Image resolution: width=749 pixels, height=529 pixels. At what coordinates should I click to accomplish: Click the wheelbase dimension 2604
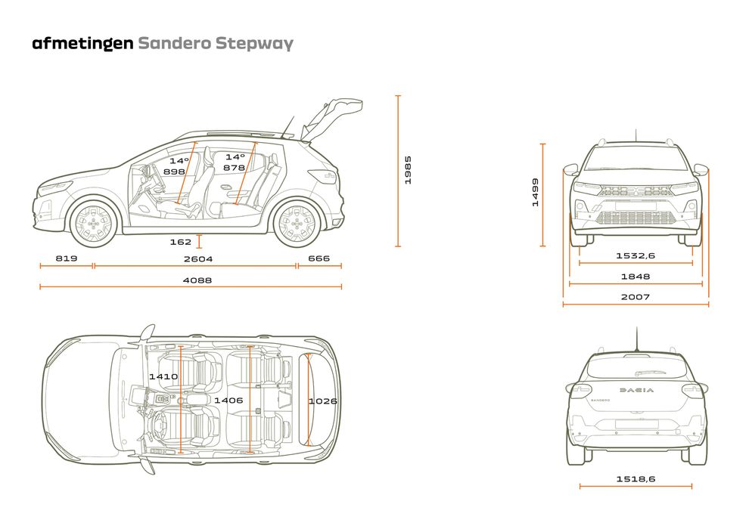click(198, 259)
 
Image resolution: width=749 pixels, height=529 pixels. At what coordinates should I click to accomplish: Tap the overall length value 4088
click(198, 280)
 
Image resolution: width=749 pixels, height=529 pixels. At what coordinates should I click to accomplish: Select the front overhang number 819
click(67, 259)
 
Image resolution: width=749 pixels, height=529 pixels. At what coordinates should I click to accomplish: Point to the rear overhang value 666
click(319, 259)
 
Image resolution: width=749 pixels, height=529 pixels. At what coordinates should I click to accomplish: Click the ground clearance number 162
click(181, 242)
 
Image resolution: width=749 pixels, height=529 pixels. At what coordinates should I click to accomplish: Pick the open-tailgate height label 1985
click(407, 171)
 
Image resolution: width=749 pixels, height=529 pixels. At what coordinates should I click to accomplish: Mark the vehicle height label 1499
click(535, 193)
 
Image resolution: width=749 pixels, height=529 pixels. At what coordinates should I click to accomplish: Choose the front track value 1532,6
click(635, 256)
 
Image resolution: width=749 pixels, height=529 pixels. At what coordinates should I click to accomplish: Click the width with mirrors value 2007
click(635, 297)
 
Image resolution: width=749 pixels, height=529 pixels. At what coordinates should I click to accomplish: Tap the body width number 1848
click(635, 277)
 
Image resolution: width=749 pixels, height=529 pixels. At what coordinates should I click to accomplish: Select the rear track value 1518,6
click(635, 478)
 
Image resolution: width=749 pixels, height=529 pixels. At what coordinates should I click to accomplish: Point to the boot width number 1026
click(322, 401)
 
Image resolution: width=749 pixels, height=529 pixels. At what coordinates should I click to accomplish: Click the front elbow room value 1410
click(163, 376)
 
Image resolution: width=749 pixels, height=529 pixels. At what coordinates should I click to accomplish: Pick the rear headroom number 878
click(234, 168)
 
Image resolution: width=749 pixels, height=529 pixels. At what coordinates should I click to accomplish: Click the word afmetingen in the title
click(82, 43)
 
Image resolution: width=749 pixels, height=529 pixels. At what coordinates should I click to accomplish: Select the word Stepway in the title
click(254, 43)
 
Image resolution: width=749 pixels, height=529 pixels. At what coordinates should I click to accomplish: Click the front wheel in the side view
click(94, 221)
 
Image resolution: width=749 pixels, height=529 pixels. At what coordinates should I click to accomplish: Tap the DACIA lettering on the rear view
click(637, 390)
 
